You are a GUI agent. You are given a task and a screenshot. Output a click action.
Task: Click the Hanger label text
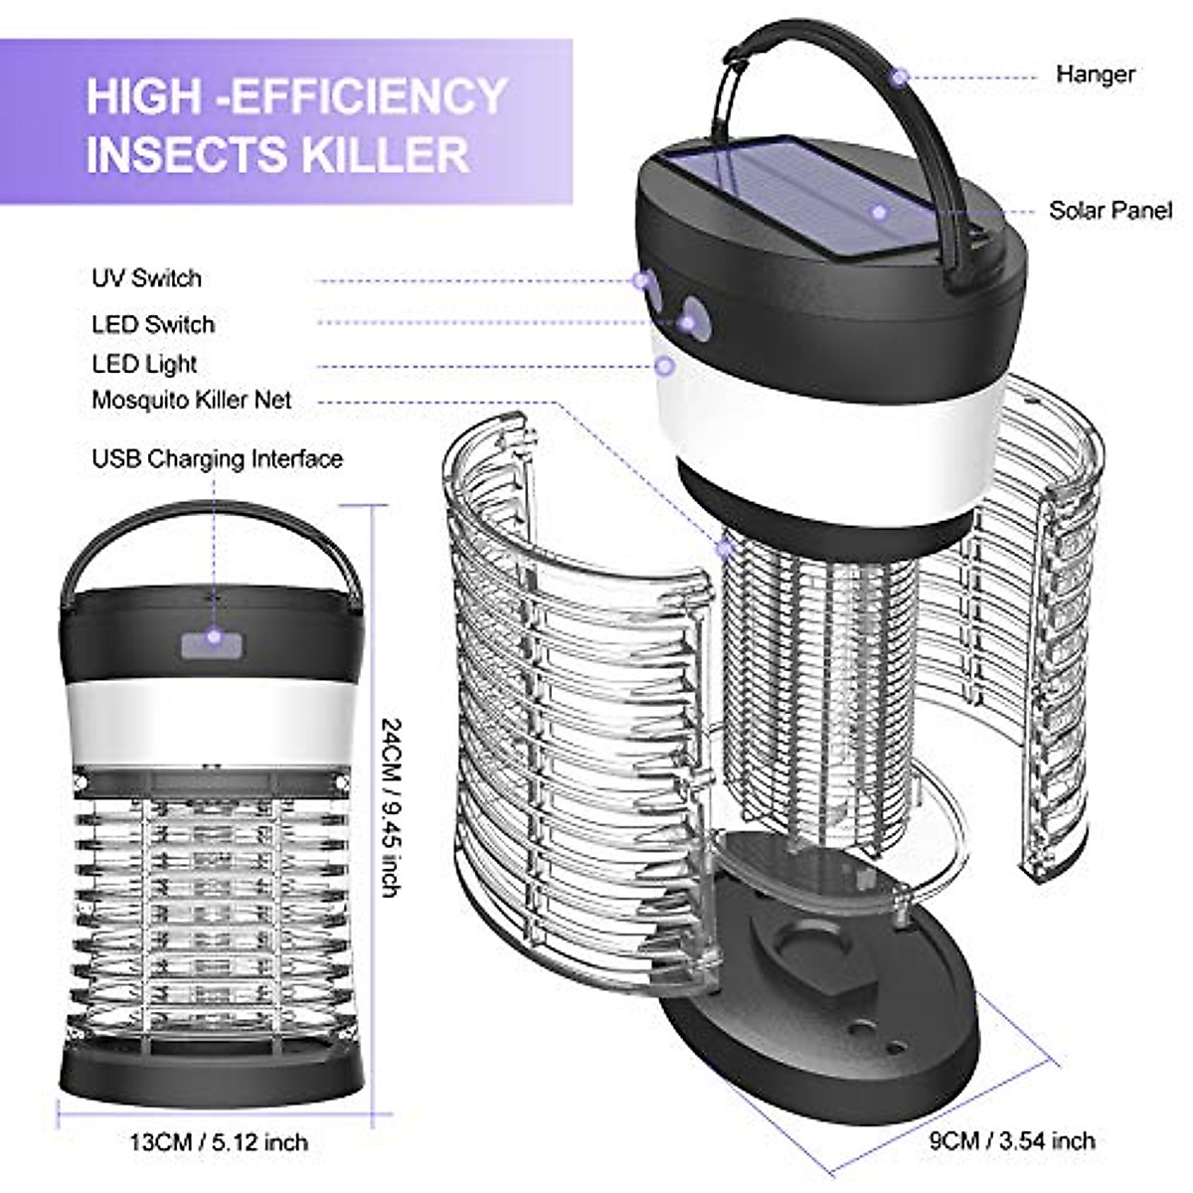coord(1095,75)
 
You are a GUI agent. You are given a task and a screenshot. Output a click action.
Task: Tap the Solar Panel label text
coord(1109,211)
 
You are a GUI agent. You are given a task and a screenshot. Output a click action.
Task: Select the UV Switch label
coord(146,278)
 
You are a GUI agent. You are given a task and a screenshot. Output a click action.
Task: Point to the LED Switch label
coord(153,324)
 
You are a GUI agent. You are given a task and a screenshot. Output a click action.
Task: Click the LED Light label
coord(144,364)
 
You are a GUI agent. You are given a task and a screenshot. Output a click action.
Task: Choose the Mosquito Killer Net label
coord(192,400)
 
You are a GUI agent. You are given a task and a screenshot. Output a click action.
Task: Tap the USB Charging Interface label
coord(217,459)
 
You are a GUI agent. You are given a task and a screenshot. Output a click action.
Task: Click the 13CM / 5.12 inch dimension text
coord(219,1142)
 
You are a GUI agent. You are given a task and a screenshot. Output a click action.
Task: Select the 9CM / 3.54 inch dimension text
coord(1012,1140)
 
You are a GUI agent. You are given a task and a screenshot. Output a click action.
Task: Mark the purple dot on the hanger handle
coord(900,76)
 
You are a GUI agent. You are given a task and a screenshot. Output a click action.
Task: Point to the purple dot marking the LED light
coord(665,366)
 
